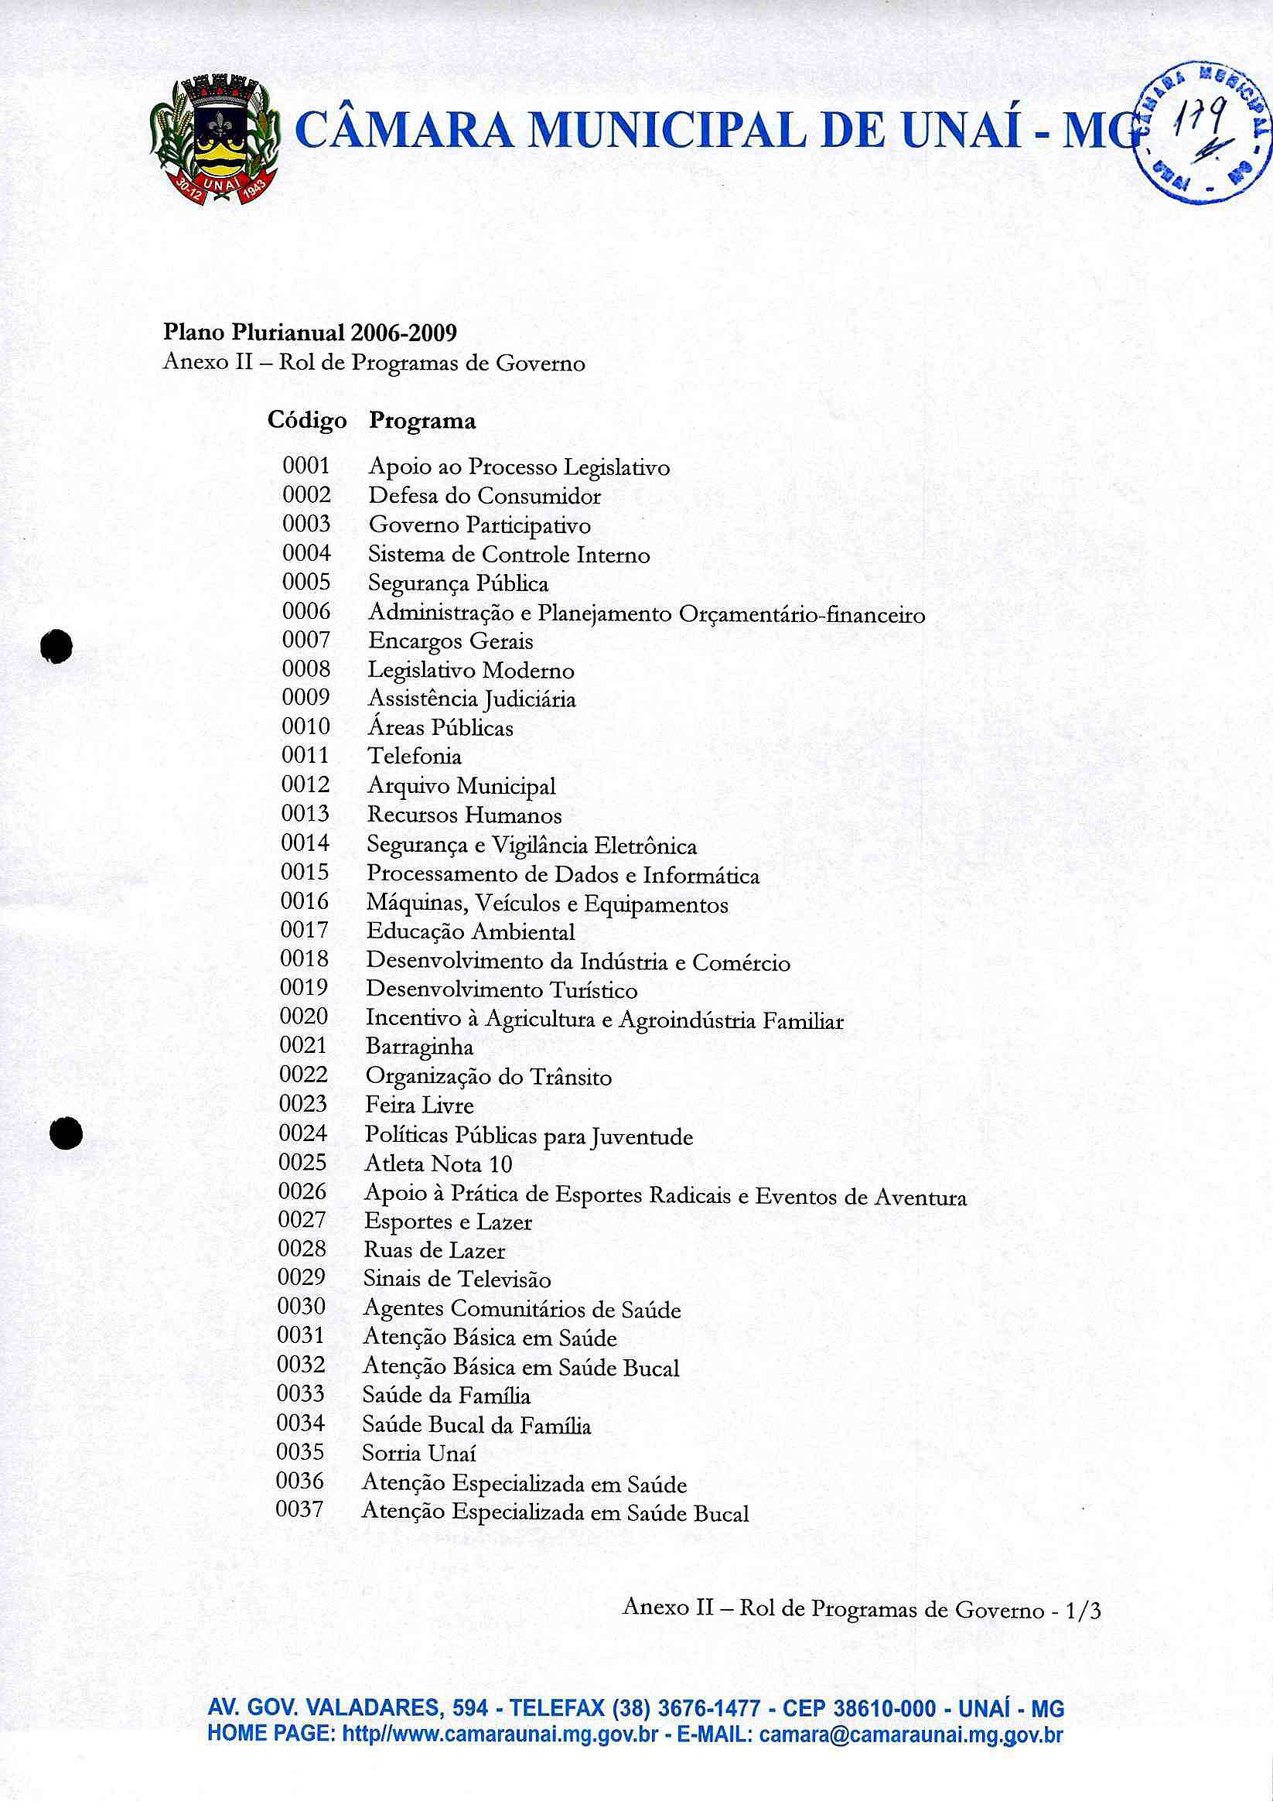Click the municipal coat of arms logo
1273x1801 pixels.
click(214, 139)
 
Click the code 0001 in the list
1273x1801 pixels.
click(306, 466)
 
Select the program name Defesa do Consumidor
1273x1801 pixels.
click(484, 496)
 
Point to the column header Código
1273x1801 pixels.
click(307, 420)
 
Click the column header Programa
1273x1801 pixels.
click(422, 421)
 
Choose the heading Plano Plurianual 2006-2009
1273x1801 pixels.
click(310, 333)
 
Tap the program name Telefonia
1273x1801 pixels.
click(414, 756)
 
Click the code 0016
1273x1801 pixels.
click(304, 901)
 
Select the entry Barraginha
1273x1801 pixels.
click(419, 1047)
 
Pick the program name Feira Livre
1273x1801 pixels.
click(419, 1106)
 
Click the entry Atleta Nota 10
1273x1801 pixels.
click(438, 1164)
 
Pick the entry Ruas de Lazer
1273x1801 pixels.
click(434, 1250)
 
